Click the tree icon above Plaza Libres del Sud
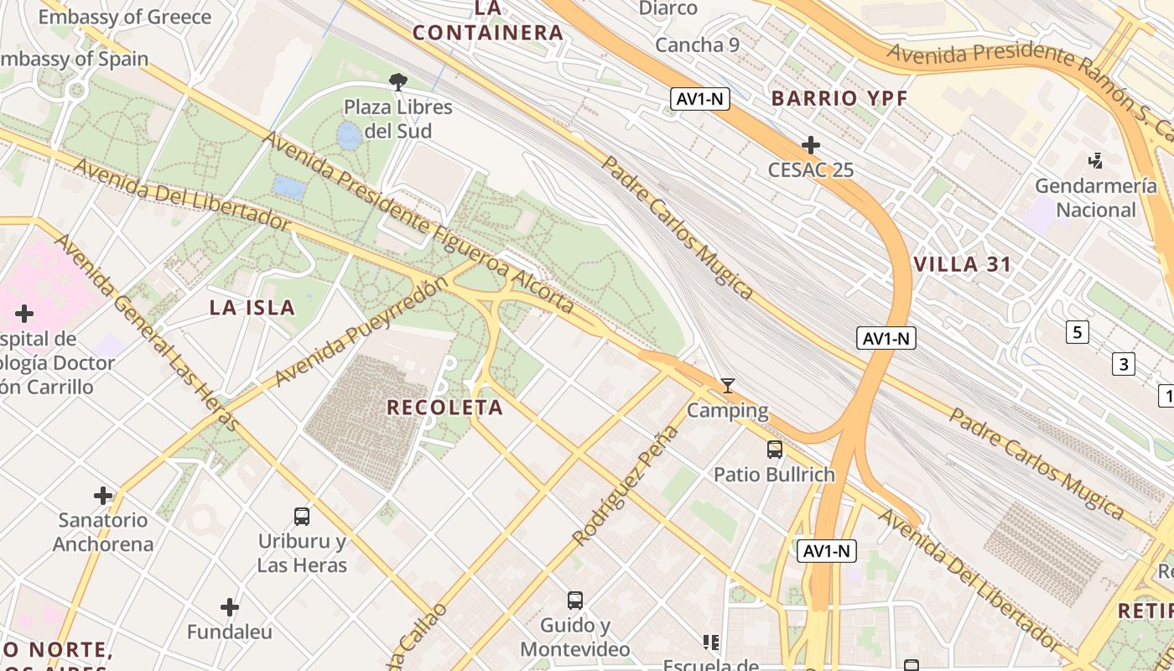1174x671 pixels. [x=398, y=81]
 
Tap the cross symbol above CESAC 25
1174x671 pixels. [x=810, y=145]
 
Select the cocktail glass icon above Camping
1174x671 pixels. [x=728, y=386]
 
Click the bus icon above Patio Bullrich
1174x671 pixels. [x=774, y=450]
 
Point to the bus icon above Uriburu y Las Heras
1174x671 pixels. [x=302, y=517]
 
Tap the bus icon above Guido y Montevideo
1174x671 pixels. [x=574, y=601]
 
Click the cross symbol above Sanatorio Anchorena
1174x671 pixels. [x=103, y=496]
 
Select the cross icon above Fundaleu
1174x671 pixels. [x=230, y=607]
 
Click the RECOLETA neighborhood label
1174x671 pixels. [x=444, y=408]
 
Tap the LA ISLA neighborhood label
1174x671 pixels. [x=252, y=308]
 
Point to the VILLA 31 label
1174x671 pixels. [x=963, y=264]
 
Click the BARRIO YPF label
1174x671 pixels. [x=839, y=98]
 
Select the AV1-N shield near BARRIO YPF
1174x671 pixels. [x=701, y=99]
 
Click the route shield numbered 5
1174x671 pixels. [x=1078, y=333]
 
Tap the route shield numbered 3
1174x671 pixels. [x=1123, y=365]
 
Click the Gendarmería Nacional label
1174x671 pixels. [x=1096, y=198]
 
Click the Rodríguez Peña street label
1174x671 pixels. [x=625, y=486]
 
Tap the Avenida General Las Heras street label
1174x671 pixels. [x=146, y=332]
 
